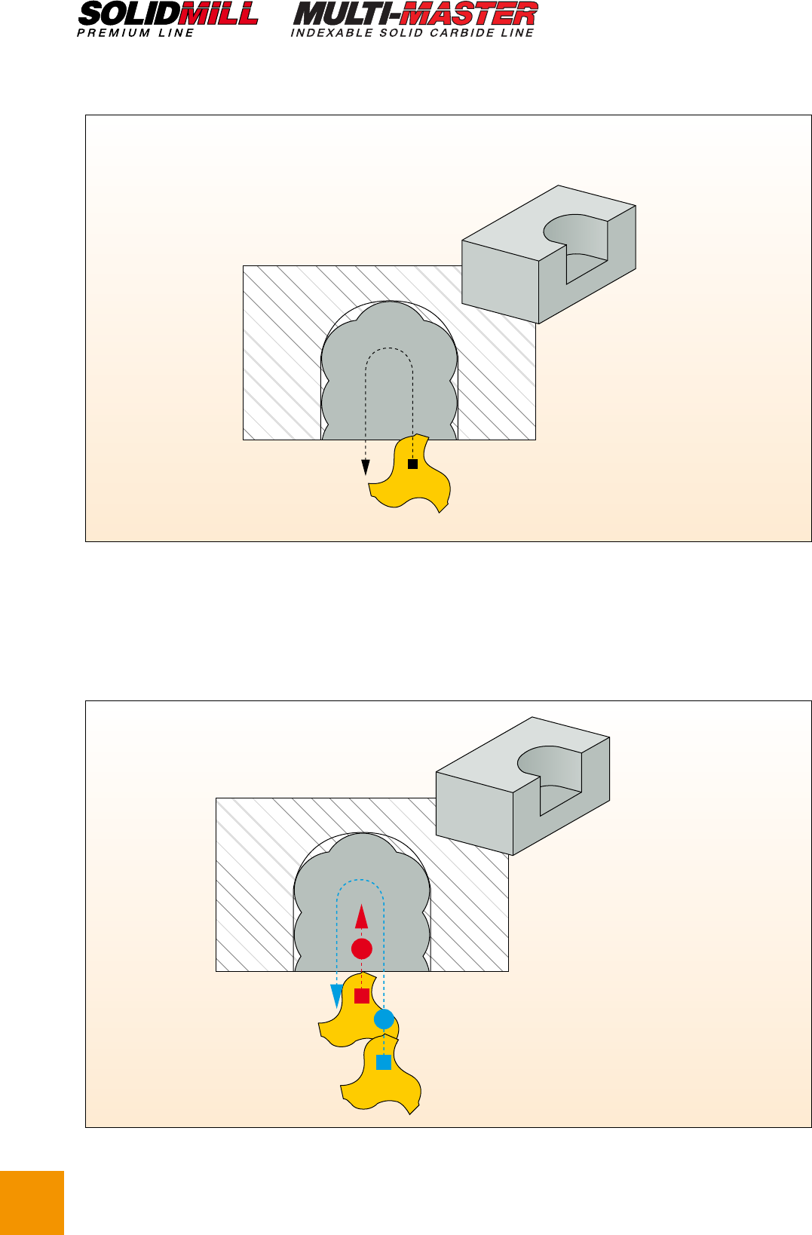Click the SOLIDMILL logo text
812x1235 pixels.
click(x=168, y=14)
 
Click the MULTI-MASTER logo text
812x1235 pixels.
click(x=415, y=14)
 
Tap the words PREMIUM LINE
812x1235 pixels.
click(x=135, y=33)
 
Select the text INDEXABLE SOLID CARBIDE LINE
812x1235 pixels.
click(x=412, y=33)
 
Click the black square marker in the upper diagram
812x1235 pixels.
click(x=412, y=464)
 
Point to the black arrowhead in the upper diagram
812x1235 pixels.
click(x=366, y=467)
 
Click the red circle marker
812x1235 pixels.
click(x=362, y=948)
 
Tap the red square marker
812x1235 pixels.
click(x=362, y=996)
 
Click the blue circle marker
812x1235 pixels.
click(x=385, y=1019)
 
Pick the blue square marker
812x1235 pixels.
click(x=384, y=1062)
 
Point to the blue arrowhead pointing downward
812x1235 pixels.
click(x=336, y=997)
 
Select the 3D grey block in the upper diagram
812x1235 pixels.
click(x=549, y=254)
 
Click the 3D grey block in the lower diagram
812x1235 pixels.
click(x=522, y=786)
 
